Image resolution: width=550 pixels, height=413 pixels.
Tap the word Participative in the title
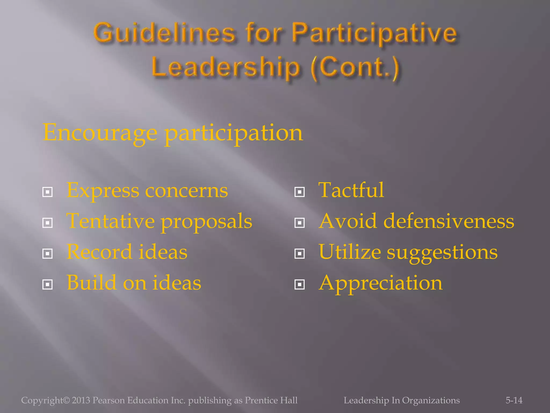click(374, 33)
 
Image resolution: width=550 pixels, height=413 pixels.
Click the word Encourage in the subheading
click(100, 133)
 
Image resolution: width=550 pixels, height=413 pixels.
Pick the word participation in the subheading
click(234, 133)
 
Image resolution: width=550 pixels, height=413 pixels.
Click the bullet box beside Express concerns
click(48, 192)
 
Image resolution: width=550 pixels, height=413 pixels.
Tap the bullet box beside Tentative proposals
click(48, 223)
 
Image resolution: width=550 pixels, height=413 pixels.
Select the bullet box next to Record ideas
click(48, 254)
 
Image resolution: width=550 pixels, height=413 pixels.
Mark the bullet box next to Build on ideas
click(48, 284)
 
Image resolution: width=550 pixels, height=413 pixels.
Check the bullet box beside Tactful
click(299, 192)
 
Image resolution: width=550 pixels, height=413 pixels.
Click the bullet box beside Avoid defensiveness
click(299, 223)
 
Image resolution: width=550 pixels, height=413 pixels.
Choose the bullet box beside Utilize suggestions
click(299, 254)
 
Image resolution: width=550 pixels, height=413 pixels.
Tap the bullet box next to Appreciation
click(299, 284)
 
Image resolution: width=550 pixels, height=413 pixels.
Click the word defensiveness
click(448, 221)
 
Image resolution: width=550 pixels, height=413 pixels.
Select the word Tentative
click(110, 221)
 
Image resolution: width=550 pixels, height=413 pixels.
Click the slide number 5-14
click(514, 400)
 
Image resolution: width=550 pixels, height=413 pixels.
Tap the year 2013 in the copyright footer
click(81, 400)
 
